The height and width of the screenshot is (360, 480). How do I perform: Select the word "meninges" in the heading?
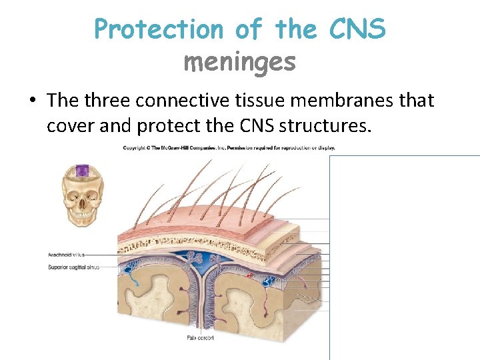click(239, 62)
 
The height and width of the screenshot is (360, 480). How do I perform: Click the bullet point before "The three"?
click(32, 101)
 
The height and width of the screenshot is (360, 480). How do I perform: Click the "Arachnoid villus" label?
click(66, 255)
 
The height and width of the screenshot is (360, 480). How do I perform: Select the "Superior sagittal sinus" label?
click(73, 267)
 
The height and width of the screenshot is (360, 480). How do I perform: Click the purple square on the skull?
click(81, 171)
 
